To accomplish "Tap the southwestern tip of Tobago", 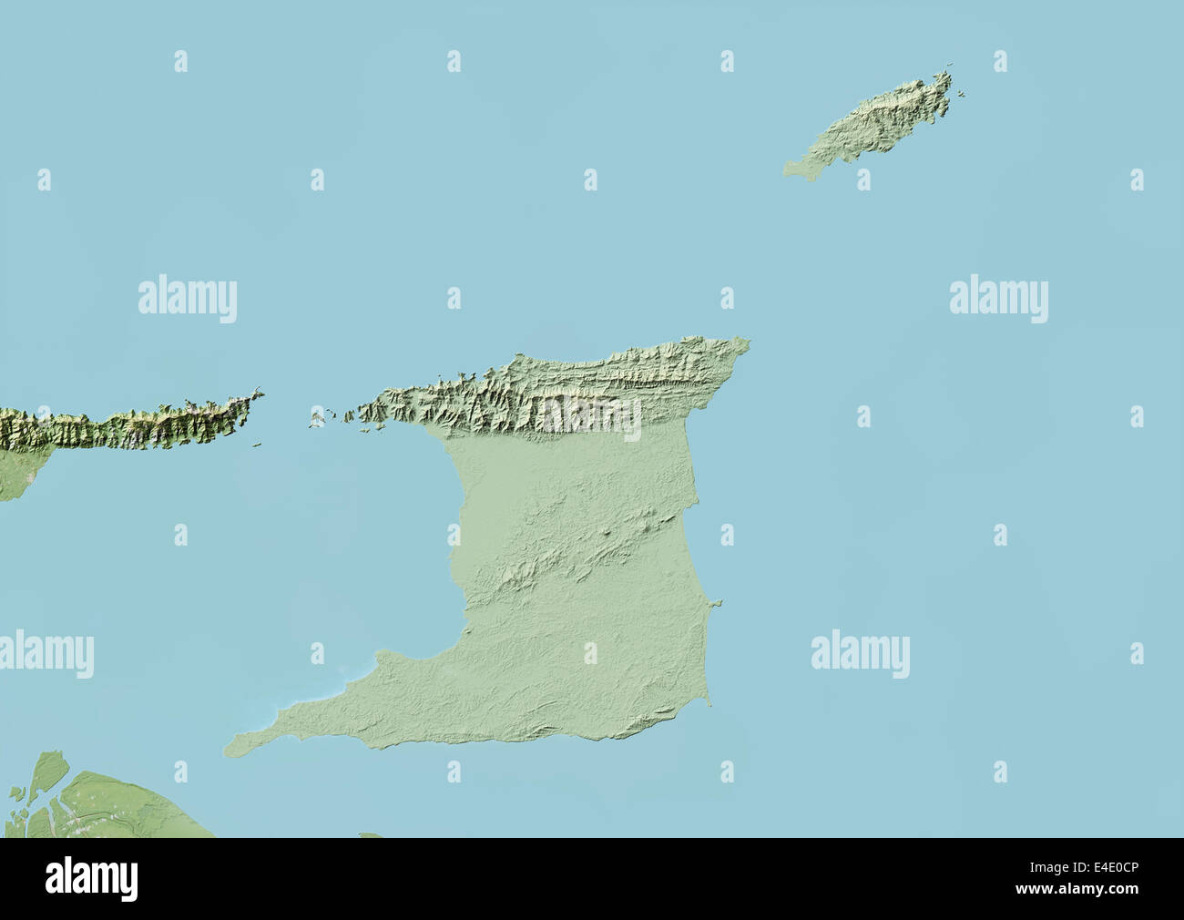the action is (788, 168).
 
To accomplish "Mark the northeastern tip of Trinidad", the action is (748, 343).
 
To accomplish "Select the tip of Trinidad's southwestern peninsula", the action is (228, 750).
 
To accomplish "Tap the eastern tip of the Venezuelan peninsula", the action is (261, 394).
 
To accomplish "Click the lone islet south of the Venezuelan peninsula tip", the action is (258, 445).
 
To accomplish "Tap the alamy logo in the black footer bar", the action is (92, 879).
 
